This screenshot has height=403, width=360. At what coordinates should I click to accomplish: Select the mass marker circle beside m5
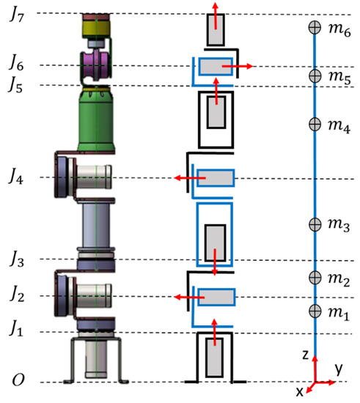click(x=315, y=75)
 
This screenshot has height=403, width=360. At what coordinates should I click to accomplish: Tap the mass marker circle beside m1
click(x=315, y=311)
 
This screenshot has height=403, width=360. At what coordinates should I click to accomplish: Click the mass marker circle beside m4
click(x=315, y=123)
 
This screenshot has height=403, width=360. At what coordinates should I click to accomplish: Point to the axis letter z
click(x=305, y=354)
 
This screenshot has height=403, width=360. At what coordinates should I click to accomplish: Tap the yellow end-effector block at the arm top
click(x=95, y=29)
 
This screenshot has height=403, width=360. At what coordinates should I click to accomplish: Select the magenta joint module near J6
click(x=95, y=64)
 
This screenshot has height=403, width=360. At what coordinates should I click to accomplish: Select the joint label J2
click(x=15, y=295)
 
